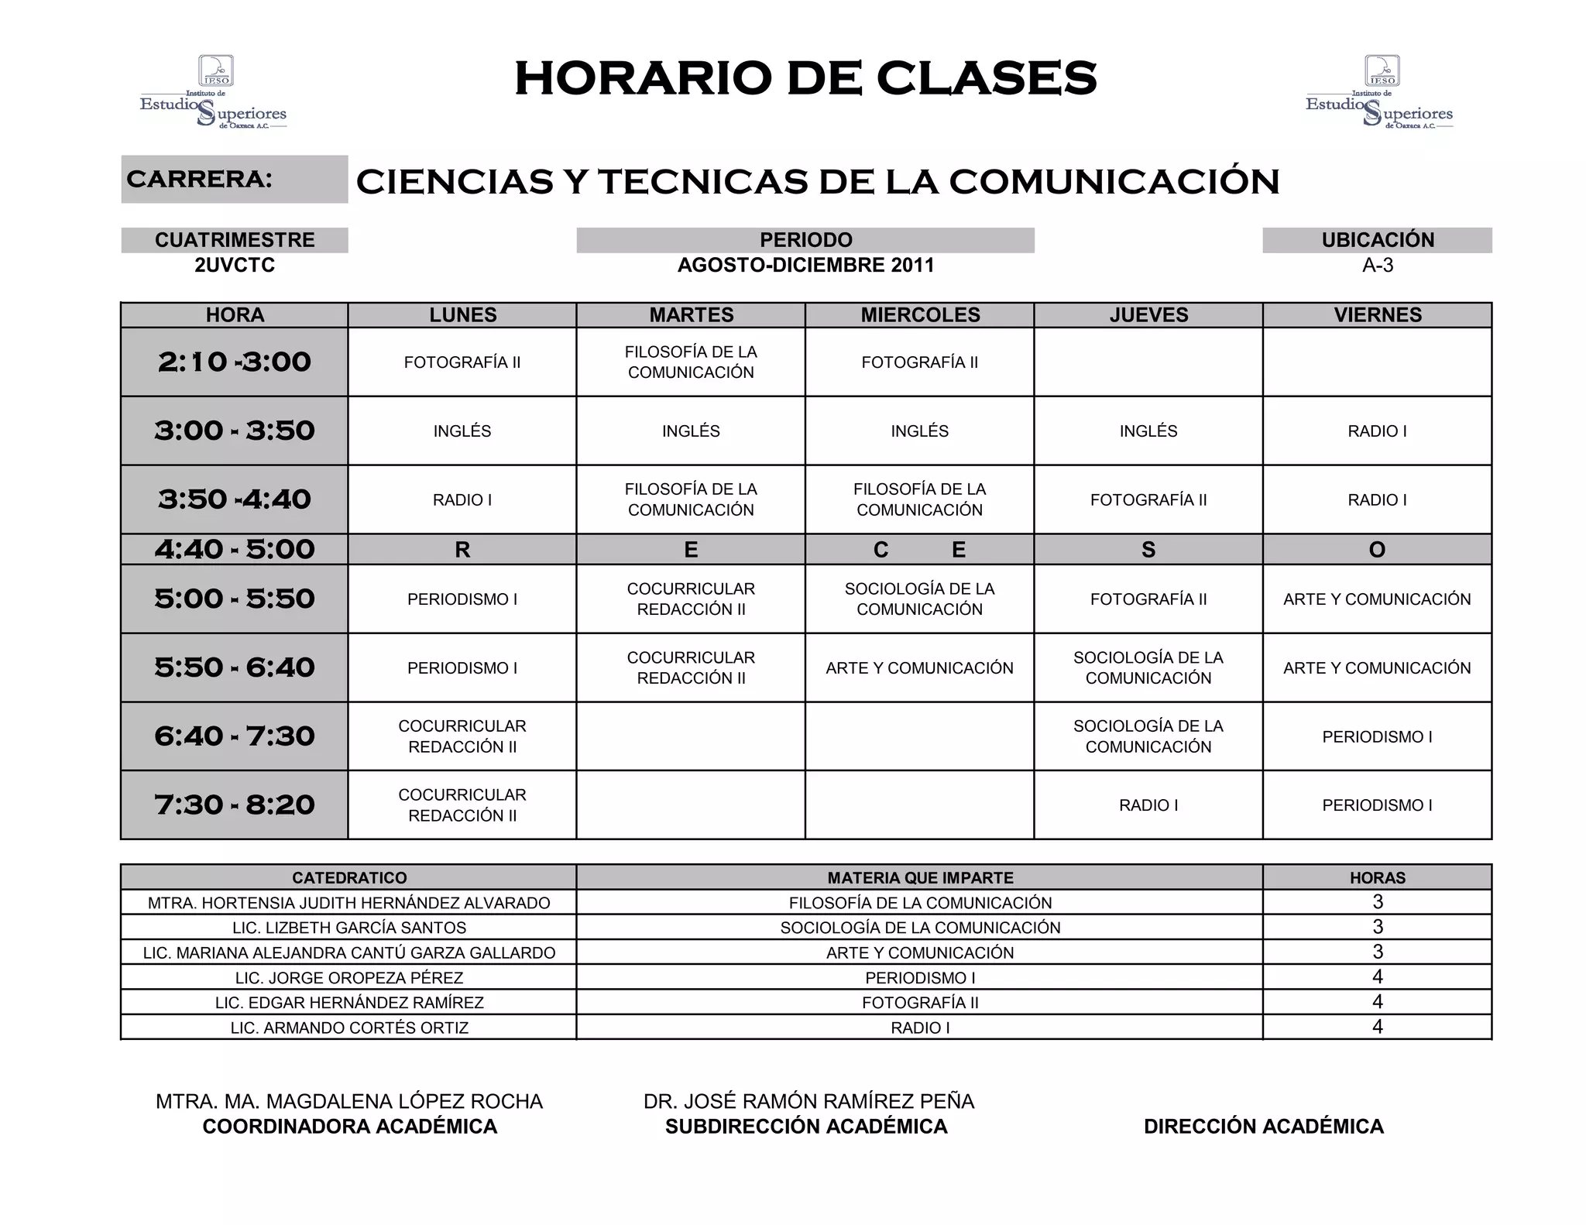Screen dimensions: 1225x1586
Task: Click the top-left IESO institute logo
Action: [213, 92]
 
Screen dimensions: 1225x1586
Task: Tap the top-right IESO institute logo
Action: [1379, 92]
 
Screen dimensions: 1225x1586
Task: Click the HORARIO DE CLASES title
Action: [805, 78]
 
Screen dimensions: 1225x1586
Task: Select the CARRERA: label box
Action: [234, 179]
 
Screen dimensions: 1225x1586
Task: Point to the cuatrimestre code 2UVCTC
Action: [235, 266]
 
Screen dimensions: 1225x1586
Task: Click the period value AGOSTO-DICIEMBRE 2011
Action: [805, 266]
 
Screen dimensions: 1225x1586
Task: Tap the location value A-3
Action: [1377, 266]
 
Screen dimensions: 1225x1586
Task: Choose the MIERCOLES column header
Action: [920, 315]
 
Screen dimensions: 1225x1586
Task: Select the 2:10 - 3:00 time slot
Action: [234, 362]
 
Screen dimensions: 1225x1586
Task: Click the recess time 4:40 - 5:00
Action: [234, 549]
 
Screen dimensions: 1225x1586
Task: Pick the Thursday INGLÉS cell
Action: [1148, 431]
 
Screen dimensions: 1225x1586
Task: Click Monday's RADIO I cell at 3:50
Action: [462, 500]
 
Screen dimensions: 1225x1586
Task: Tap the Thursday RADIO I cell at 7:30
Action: [1148, 805]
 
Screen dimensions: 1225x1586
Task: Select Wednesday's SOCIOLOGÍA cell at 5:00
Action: [919, 599]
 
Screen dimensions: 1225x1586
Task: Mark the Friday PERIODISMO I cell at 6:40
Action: [1377, 737]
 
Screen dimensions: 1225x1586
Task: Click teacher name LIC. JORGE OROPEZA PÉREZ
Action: [349, 978]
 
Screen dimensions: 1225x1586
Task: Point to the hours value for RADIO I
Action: [1377, 1027]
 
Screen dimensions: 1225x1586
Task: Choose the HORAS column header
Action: [1377, 878]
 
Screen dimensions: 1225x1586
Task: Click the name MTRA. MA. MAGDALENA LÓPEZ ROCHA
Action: [349, 1101]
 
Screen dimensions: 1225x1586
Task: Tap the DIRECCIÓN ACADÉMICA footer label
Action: [1263, 1127]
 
